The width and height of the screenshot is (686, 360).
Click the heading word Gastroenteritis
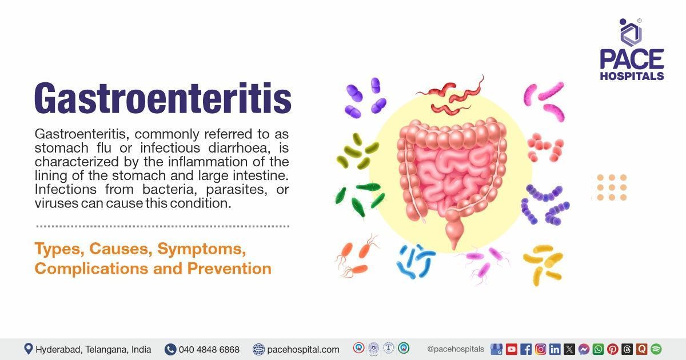163,98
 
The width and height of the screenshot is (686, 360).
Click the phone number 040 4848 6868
209,349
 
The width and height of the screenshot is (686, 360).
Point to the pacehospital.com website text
303,349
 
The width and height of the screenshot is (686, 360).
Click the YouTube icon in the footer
511,349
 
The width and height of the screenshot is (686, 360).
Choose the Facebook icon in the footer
526,349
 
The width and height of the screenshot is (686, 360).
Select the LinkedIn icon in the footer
555,349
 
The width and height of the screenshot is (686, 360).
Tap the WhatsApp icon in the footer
598,349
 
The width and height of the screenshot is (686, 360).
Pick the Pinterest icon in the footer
612,349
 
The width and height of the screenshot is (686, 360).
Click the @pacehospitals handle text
455,349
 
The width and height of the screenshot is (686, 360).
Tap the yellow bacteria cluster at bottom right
543,263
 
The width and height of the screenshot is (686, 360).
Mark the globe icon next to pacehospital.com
258,349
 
